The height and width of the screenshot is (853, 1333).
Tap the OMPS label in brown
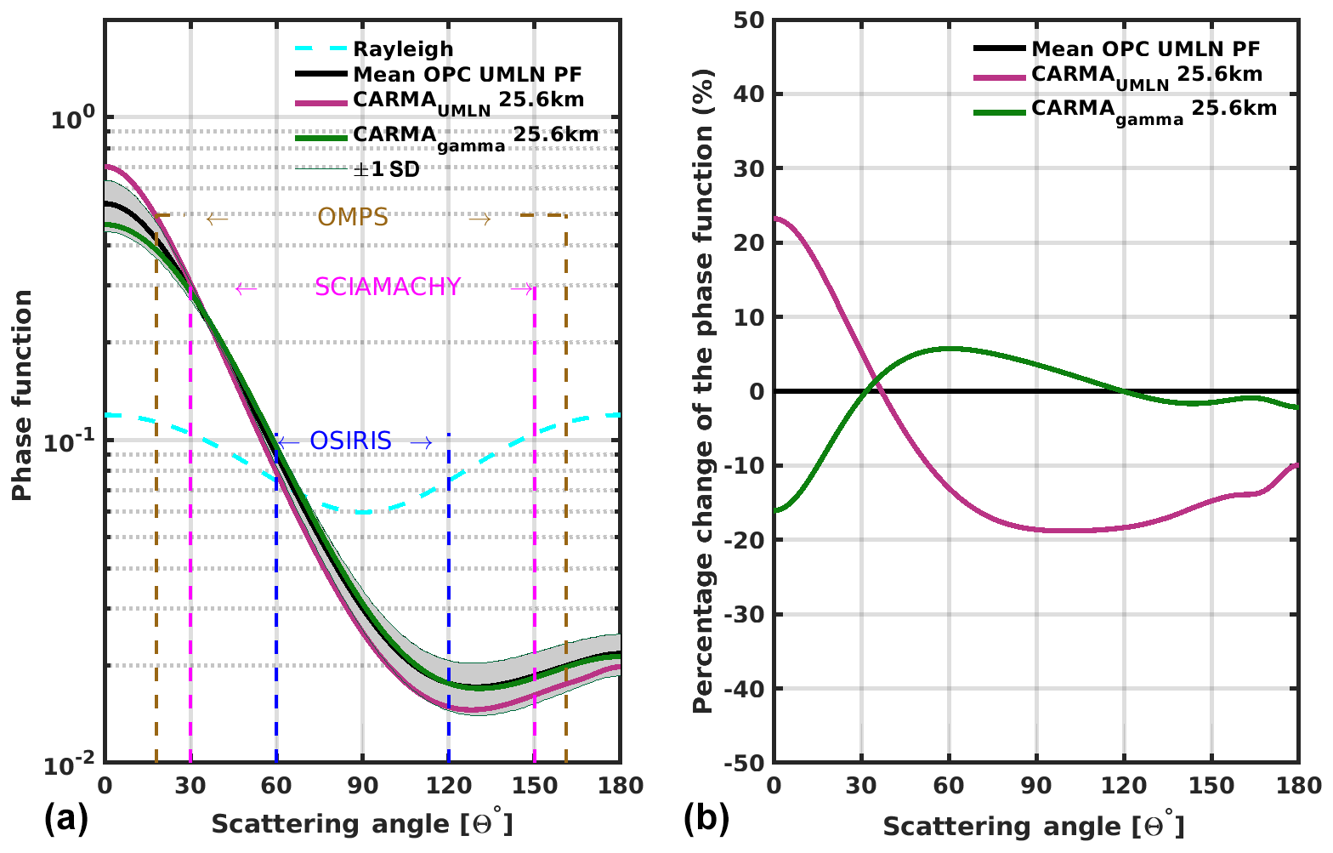coord(353,218)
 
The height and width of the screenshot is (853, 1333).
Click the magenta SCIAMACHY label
coord(388,287)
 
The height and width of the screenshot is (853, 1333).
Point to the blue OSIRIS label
coord(350,441)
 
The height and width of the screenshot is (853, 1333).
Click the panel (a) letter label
coord(65,820)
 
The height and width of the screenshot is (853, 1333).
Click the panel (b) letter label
coord(706,820)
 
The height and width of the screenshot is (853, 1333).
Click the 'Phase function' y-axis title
coord(23,395)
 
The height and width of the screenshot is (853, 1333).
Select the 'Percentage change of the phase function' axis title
coord(703,391)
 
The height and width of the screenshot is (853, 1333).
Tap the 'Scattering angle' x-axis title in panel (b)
coord(1033,826)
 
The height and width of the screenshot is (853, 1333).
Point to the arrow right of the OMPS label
coord(479,219)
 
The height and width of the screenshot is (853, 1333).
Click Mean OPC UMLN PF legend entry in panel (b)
coord(1145,49)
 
